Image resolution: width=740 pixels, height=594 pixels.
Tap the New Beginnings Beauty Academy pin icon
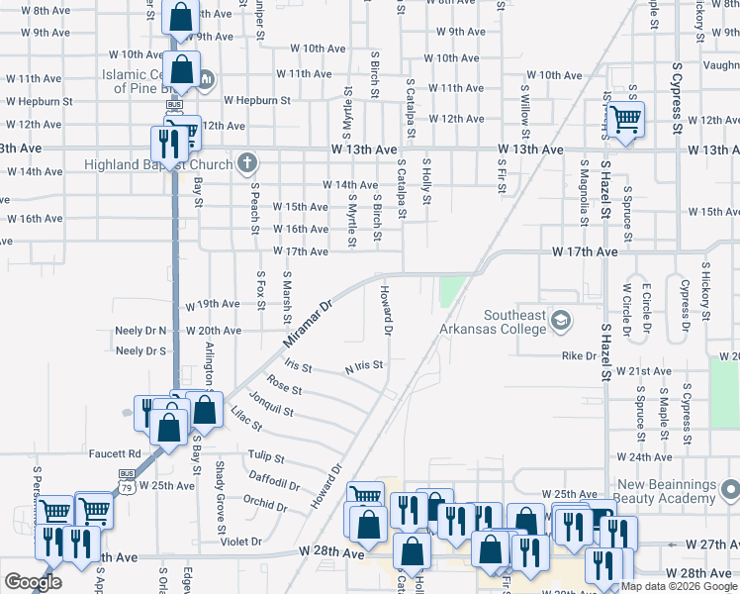click(x=730, y=489)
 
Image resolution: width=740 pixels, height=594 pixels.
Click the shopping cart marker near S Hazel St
click(x=625, y=119)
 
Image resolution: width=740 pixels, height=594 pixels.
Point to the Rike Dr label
click(x=579, y=355)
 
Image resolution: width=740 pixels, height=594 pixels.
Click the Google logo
click(x=33, y=582)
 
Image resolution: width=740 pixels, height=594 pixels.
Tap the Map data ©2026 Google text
click(x=679, y=586)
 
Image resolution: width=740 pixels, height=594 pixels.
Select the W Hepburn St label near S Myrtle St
click(x=256, y=100)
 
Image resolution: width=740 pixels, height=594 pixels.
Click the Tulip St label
click(x=266, y=458)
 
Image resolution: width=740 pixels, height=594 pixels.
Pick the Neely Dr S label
click(x=140, y=350)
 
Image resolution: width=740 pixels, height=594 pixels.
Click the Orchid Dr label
click(x=266, y=506)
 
